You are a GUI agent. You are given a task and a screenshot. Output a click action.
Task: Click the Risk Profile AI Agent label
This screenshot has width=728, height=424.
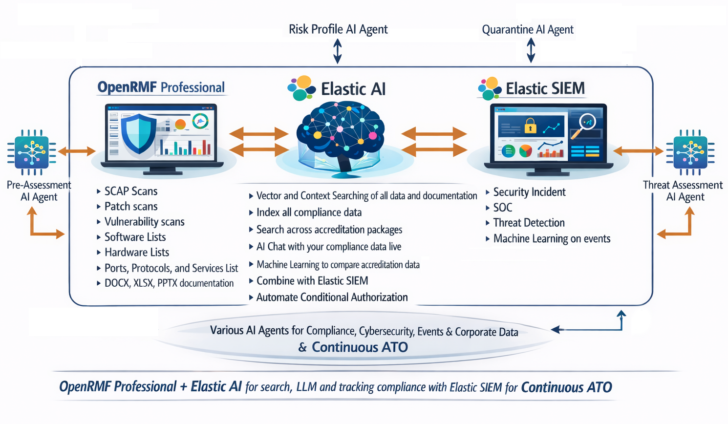point(338,30)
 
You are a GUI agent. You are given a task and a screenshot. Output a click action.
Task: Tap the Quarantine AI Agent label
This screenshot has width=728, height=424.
point(528,30)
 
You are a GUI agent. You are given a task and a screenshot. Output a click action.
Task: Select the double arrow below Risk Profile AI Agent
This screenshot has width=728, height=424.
point(337,51)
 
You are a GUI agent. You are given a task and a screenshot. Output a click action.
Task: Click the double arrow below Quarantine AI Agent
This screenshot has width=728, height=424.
point(531,50)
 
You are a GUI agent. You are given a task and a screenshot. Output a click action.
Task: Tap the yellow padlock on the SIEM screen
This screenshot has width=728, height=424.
point(530,126)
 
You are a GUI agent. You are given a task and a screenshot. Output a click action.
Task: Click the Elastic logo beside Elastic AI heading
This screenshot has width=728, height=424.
point(301,88)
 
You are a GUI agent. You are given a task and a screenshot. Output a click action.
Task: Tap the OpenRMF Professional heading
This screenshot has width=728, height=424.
point(161,87)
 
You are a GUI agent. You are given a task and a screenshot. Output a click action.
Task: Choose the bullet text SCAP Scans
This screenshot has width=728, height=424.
point(130,191)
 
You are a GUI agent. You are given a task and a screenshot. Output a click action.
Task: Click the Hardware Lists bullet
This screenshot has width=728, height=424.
point(137,253)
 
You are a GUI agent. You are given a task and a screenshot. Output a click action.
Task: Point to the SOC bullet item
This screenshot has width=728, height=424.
point(502,207)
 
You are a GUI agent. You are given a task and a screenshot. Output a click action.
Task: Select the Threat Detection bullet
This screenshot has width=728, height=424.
point(529,223)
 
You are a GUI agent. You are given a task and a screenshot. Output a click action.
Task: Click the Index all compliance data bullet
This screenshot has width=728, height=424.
point(309,212)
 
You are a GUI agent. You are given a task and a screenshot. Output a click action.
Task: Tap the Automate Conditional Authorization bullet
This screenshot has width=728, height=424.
point(332,297)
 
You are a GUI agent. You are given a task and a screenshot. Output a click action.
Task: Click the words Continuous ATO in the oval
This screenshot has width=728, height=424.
point(360,347)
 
